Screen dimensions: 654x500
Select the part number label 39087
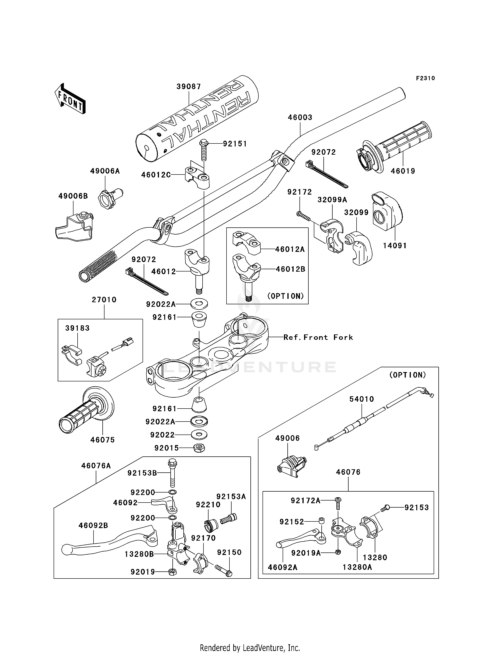click(x=189, y=87)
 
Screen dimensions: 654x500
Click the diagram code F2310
click(x=425, y=78)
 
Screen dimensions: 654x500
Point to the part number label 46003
click(x=300, y=117)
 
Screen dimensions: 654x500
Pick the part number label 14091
click(x=395, y=246)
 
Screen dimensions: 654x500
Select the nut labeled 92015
click(x=199, y=448)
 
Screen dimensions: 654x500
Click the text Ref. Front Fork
click(x=318, y=337)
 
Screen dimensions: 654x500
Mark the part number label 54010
click(x=362, y=399)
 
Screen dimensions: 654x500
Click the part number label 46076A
click(x=96, y=466)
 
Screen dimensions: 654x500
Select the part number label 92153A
click(x=231, y=497)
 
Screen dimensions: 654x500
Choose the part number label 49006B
click(x=73, y=196)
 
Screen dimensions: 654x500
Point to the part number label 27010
click(x=104, y=300)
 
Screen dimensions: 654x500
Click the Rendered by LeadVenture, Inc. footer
click(x=250, y=648)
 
